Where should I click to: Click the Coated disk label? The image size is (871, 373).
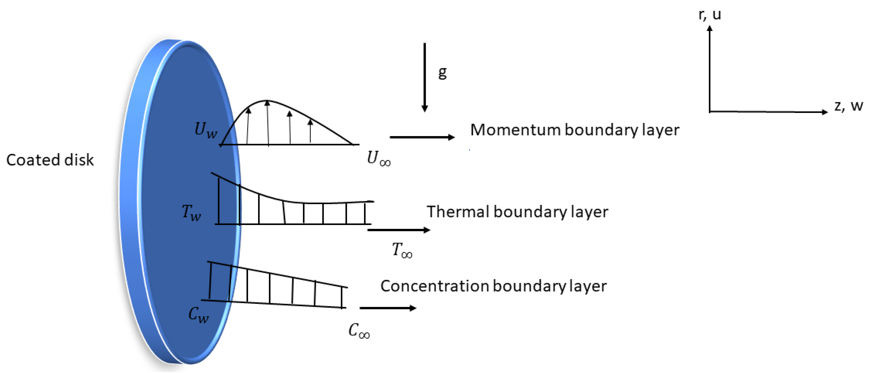[x=50, y=160]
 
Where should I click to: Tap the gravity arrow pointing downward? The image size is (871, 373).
[x=425, y=78]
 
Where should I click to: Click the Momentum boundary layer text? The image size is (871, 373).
[x=574, y=130]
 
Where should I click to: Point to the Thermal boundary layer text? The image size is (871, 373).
[x=517, y=212]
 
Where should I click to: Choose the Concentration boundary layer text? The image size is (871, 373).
[x=493, y=286]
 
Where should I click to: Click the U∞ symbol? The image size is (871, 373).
[x=378, y=158]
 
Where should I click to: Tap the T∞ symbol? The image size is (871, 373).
[x=402, y=250]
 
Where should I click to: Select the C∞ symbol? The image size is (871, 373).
[x=359, y=330]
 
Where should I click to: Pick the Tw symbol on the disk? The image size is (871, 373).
[x=191, y=212]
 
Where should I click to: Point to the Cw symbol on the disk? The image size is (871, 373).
[x=198, y=314]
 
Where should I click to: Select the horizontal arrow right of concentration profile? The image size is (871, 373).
[x=388, y=308]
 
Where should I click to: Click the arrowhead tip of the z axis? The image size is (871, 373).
[x=827, y=112]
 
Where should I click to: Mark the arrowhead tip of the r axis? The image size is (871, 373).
[x=710, y=27]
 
